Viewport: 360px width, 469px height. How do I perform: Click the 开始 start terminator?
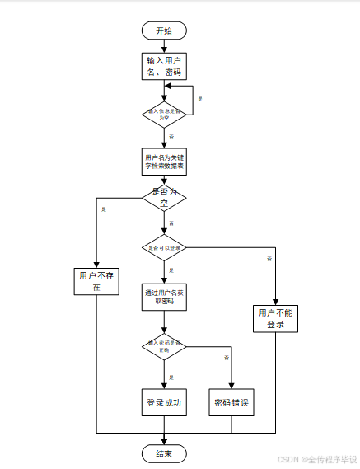pyautogui.click(x=165, y=30)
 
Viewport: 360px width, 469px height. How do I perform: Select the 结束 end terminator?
pyautogui.click(x=165, y=453)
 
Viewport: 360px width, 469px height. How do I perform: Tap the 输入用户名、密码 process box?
pyautogui.click(x=165, y=67)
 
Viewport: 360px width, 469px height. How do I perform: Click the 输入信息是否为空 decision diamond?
pyautogui.click(x=165, y=114)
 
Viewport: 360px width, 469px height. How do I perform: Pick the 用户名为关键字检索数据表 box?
pyautogui.click(x=165, y=162)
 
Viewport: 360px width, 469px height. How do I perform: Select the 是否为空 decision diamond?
pyautogui.click(x=165, y=197)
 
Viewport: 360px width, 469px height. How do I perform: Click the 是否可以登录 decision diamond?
pyautogui.click(x=165, y=246)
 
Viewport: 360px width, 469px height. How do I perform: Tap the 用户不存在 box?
pyautogui.click(x=96, y=282)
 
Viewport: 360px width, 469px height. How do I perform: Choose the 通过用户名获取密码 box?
pyautogui.click(x=165, y=297)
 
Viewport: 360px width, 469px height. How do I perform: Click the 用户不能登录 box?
pyautogui.click(x=275, y=319)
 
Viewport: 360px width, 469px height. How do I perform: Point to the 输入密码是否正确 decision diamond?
pyautogui.click(x=165, y=346)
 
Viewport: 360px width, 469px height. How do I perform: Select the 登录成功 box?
pyautogui.click(x=165, y=403)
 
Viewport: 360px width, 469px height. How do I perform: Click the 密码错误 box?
pyautogui.click(x=231, y=403)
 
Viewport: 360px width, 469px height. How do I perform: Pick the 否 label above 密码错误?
pyautogui.click(x=225, y=358)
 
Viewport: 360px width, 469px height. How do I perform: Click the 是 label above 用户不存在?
pyautogui.click(x=103, y=209)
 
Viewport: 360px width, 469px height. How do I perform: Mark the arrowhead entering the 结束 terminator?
pyautogui.click(x=165, y=440)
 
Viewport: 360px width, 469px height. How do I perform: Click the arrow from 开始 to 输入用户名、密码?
pyautogui.click(x=165, y=45)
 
